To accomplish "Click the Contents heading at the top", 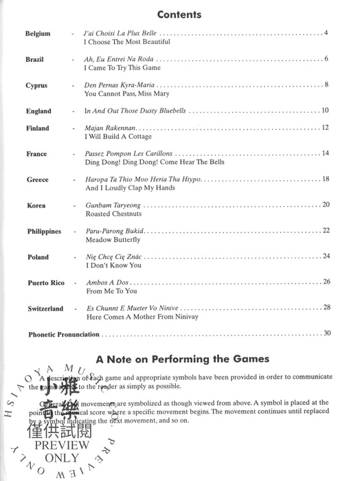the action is (179, 14).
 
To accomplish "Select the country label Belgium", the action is (37, 34).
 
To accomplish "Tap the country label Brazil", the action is (34, 60).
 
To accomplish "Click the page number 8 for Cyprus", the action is (327, 84).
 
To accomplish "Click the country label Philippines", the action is (45, 232).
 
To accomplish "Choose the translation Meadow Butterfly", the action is (112, 240).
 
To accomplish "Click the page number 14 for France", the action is (326, 153).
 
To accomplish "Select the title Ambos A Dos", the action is (104, 282).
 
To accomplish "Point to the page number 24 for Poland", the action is (326, 256).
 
